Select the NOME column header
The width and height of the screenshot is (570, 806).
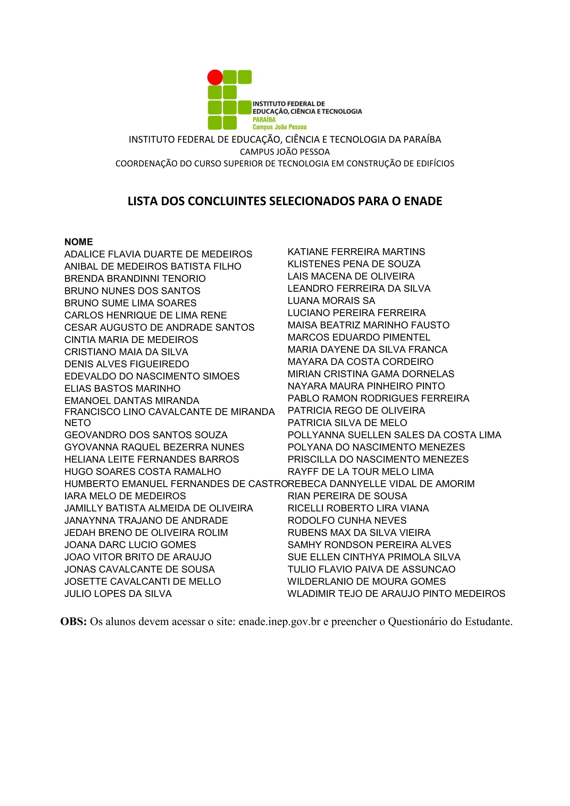[x=78, y=242]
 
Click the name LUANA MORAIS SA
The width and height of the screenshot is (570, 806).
[x=331, y=301]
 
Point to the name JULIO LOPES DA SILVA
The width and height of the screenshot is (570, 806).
[x=118, y=594]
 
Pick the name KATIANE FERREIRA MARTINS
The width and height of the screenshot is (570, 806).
[x=356, y=252]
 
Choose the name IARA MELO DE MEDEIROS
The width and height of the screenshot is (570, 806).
[x=125, y=496]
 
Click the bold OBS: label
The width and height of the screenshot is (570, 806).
[x=74, y=622]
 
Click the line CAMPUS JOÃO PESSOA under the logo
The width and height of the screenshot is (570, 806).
[x=285, y=152]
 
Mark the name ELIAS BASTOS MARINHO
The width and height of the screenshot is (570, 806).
[x=122, y=388]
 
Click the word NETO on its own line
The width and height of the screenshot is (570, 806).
[x=78, y=423]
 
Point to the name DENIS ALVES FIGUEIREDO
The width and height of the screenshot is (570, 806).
[x=126, y=364]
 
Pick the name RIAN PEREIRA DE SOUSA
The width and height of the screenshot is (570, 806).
[x=347, y=496]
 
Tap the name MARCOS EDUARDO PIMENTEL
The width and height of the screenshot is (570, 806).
[x=359, y=337]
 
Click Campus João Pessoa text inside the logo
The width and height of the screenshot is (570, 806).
[x=279, y=127]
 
